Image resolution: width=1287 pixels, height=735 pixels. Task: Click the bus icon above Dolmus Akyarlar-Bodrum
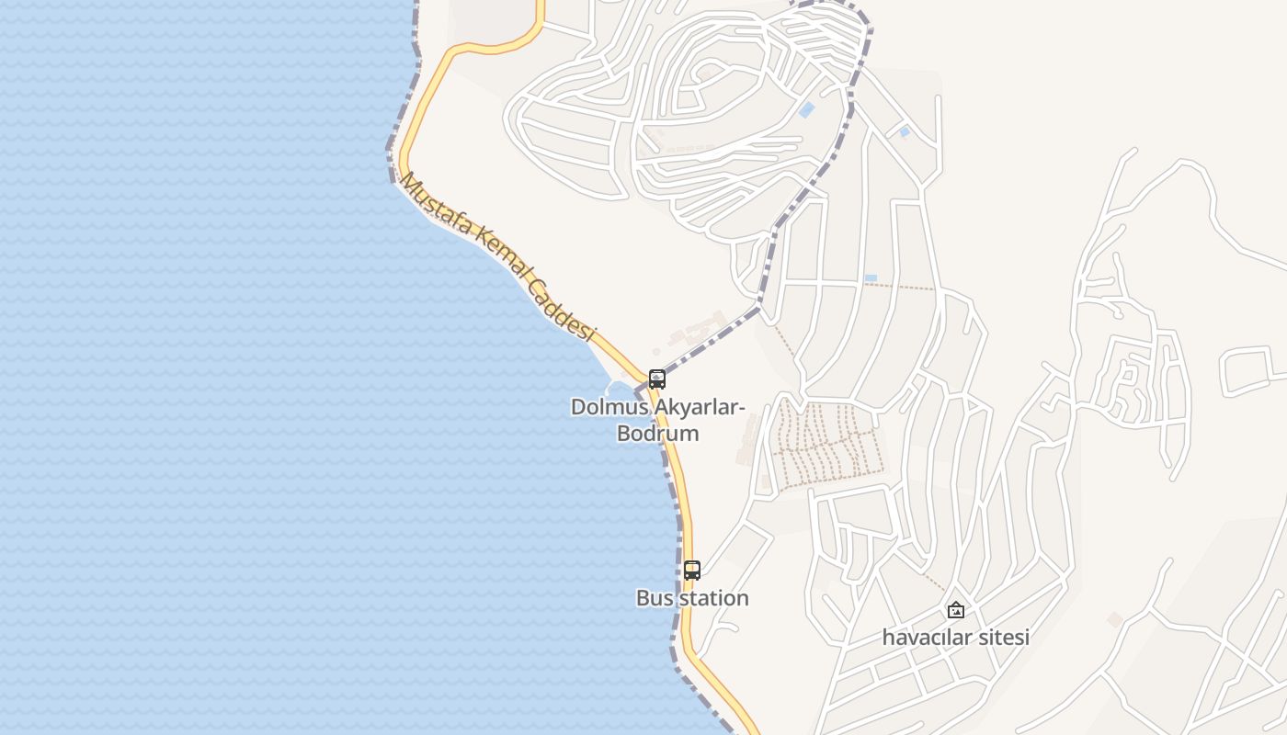coord(656,379)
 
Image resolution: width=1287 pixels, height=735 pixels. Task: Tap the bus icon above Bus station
coord(692,570)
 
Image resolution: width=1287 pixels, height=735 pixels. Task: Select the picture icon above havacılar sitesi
coord(956,610)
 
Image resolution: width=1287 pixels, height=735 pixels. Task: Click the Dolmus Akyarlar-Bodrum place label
coord(657,419)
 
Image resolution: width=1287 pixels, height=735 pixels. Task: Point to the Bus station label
coord(692,598)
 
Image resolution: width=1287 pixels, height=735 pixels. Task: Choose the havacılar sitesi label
coord(956,637)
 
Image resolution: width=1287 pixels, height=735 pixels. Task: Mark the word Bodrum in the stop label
coord(657,433)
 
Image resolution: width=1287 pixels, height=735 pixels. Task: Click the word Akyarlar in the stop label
coord(692,406)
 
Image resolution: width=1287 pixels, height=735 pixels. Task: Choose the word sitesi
coord(1005,637)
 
